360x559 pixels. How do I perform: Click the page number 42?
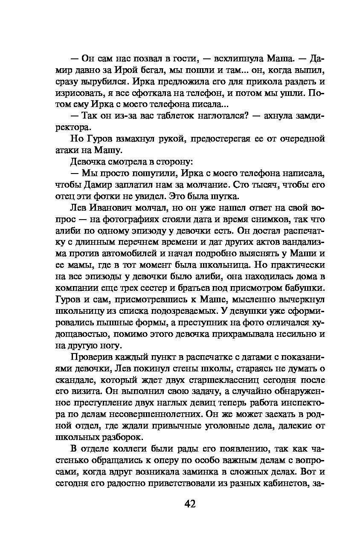tap(190, 504)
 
